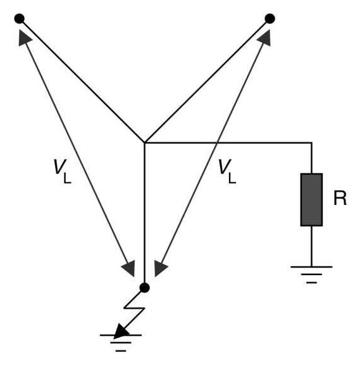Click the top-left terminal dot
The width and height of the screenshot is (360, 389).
pyautogui.click(x=20, y=19)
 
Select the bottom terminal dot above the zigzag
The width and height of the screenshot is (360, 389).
pyautogui.click(x=144, y=288)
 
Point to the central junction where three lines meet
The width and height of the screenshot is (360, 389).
pyautogui.click(x=145, y=143)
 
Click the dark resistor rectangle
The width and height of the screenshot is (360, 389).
pyautogui.click(x=311, y=199)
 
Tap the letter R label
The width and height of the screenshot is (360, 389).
pyautogui.click(x=340, y=199)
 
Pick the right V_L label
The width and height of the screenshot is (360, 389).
pyautogui.click(x=225, y=170)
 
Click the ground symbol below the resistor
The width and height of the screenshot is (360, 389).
pyautogui.click(x=311, y=273)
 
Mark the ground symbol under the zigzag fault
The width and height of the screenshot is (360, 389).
pyautogui.click(x=121, y=340)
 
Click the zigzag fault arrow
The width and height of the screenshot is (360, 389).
pyautogui.click(x=134, y=313)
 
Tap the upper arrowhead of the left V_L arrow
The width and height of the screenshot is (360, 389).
pyautogui.click(x=25, y=37)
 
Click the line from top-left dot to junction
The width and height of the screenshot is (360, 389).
pyautogui.click(x=82, y=81)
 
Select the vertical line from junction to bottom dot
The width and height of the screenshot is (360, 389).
pyautogui.click(x=145, y=215)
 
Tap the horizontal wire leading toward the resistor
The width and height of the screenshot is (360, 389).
pyautogui.click(x=228, y=144)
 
